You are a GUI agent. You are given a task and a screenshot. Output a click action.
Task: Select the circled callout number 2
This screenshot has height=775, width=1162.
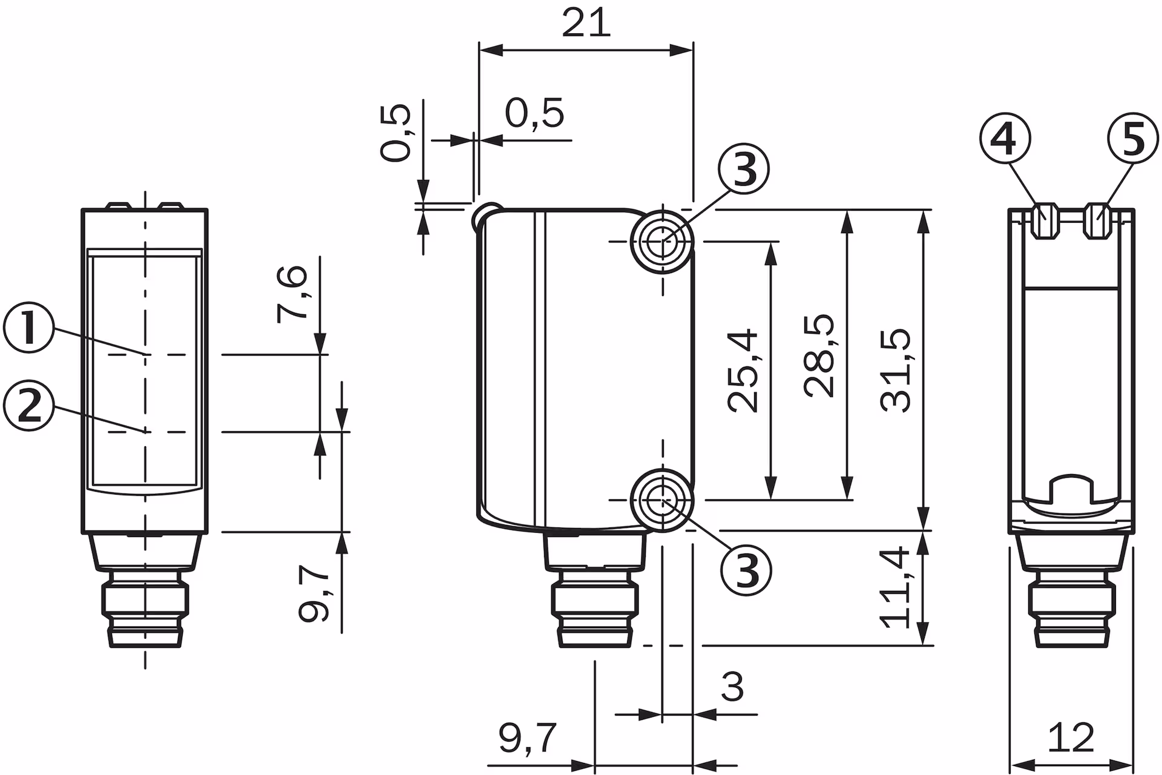coord(28,406)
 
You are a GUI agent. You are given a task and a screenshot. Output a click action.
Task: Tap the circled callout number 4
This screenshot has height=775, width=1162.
coord(1005,140)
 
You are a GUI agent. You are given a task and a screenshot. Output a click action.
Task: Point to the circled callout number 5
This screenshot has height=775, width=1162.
coord(1133,140)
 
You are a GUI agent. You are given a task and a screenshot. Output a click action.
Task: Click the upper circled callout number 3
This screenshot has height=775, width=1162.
coord(744,170)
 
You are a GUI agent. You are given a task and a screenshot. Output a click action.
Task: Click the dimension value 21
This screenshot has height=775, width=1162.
coord(585,24)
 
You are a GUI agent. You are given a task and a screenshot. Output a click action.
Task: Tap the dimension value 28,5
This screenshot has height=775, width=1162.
coord(820,356)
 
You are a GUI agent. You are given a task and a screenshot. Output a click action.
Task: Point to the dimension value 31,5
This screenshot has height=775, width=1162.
coord(896,371)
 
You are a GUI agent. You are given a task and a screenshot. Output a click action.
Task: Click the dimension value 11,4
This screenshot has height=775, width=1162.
coord(896,587)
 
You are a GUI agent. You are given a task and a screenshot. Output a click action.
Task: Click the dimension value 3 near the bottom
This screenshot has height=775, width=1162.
coord(732,687)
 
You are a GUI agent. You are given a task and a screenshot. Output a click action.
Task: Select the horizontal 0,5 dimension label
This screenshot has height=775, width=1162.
coord(534,113)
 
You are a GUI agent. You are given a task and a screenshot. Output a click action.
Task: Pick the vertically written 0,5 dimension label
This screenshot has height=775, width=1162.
coord(396,133)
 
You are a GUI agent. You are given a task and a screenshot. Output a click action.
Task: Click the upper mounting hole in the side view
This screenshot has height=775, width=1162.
coord(663,241)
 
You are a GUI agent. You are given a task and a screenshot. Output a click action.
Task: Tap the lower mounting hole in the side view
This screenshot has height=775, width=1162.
coord(663,500)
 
